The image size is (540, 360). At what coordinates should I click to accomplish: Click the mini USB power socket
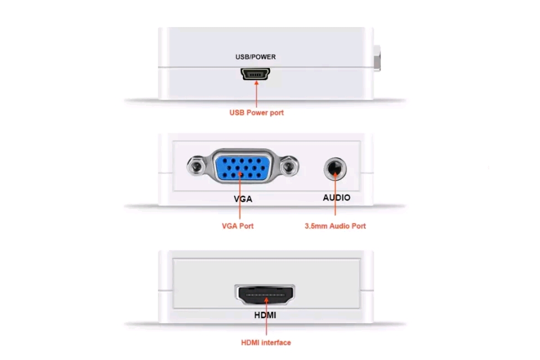pyautogui.click(x=255, y=74)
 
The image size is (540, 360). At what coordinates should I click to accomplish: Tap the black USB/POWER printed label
pyautogui.click(x=256, y=57)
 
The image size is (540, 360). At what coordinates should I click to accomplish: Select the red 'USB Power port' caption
pyautogui.click(x=257, y=113)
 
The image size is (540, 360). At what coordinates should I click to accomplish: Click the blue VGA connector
pyautogui.click(x=242, y=167)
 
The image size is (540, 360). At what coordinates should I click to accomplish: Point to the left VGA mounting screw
pyautogui.click(x=197, y=167)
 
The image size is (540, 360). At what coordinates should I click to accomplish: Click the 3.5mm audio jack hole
pyautogui.click(x=335, y=169)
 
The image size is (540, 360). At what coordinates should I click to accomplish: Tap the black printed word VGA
pyautogui.click(x=243, y=199)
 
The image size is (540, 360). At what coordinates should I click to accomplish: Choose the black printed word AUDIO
pyautogui.click(x=336, y=198)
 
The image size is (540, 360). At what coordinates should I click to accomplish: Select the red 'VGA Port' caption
pyautogui.click(x=237, y=226)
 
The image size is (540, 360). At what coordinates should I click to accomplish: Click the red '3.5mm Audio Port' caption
pyautogui.click(x=335, y=226)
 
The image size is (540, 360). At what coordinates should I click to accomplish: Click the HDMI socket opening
pyautogui.click(x=265, y=295)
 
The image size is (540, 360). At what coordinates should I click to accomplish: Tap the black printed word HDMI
pyautogui.click(x=265, y=315)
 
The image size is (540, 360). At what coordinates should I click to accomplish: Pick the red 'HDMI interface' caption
pyautogui.click(x=266, y=342)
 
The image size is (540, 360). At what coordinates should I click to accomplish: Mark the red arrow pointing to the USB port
pyautogui.click(x=256, y=94)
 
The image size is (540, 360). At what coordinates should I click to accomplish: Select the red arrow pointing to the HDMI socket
pyautogui.click(x=266, y=316)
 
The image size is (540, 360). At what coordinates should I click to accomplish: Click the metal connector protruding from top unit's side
pyautogui.click(x=377, y=58)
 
